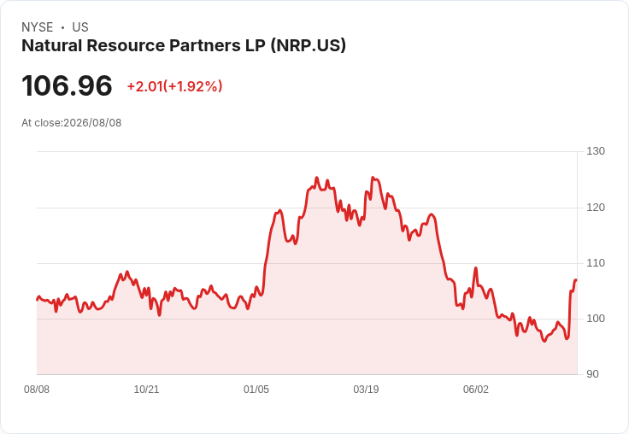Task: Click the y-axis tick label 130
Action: coord(596,151)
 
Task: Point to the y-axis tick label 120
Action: coord(596,208)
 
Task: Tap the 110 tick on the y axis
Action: coord(596,263)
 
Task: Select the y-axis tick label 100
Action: coord(596,319)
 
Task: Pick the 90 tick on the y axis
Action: coord(592,374)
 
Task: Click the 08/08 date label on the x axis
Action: coord(37,390)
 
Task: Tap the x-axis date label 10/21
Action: coord(146,390)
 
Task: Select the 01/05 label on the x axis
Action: coord(256,390)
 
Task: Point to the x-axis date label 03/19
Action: coord(366,390)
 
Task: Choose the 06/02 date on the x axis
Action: coord(476,390)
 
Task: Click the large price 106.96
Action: coord(67,85)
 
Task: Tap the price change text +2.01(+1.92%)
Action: coord(174,86)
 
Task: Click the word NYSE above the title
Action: coord(38,27)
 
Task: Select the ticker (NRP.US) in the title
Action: coord(308,46)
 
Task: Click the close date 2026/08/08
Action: coord(92,123)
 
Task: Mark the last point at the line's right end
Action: coord(576,280)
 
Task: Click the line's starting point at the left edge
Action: coord(37,300)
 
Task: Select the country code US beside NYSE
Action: coord(80,27)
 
